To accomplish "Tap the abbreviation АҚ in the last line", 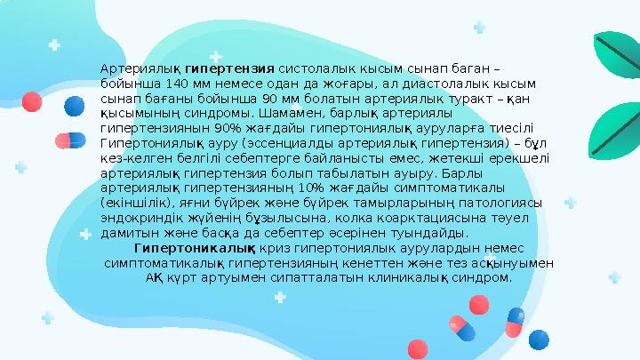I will pyautogui.click(x=159, y=277).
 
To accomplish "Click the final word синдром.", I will pyautogui.click(x=487, y=277).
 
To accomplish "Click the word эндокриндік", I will pyautogui.click(x=134, y=218).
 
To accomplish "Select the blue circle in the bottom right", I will pyautogui.click(x=539, y=339).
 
